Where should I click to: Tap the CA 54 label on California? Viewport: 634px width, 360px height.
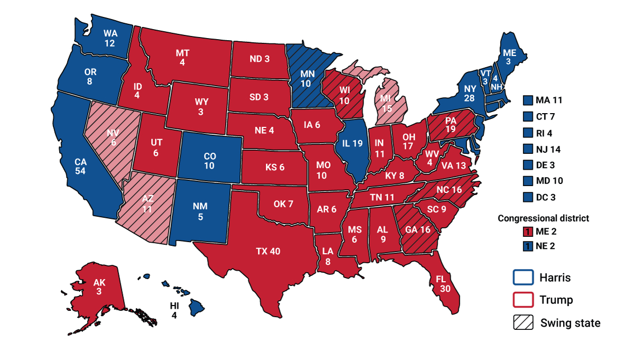tap(81, 167)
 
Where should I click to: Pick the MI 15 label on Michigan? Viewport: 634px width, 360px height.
tap(387, 103)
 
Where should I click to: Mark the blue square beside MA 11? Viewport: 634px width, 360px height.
tap(526, 100)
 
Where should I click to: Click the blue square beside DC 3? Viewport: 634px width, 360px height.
tap(526, 197)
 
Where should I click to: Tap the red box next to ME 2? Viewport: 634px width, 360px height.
tap(526, 231)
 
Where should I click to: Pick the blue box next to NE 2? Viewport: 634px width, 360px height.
tap(526, 246)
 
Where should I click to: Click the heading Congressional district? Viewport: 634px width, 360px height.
tap(543, 218)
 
